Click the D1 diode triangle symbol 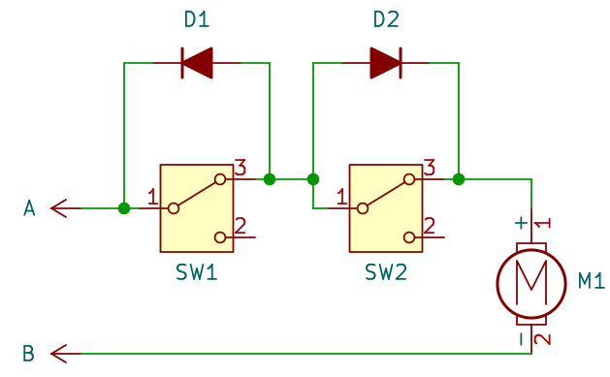click(x=198, y=64)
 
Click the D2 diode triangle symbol click(x=385, y=64)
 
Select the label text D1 click(x=197, y=19)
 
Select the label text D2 click(x=385, y=19)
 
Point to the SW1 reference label click(x=197, y=272)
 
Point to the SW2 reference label click(x=385, y=272)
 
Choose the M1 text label click(x=592, y=281)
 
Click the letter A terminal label click(x=29, y=208)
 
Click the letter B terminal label click(x=29, y=352)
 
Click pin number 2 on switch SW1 click(x=241, y=225)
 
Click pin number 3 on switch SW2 click(x=429, y=167)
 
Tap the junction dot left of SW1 click(x=123, y=208)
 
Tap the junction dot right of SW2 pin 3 click(x=459, y=179)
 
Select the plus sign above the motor click(x=521, y=223)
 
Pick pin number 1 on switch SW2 click(x=341, y=197)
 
